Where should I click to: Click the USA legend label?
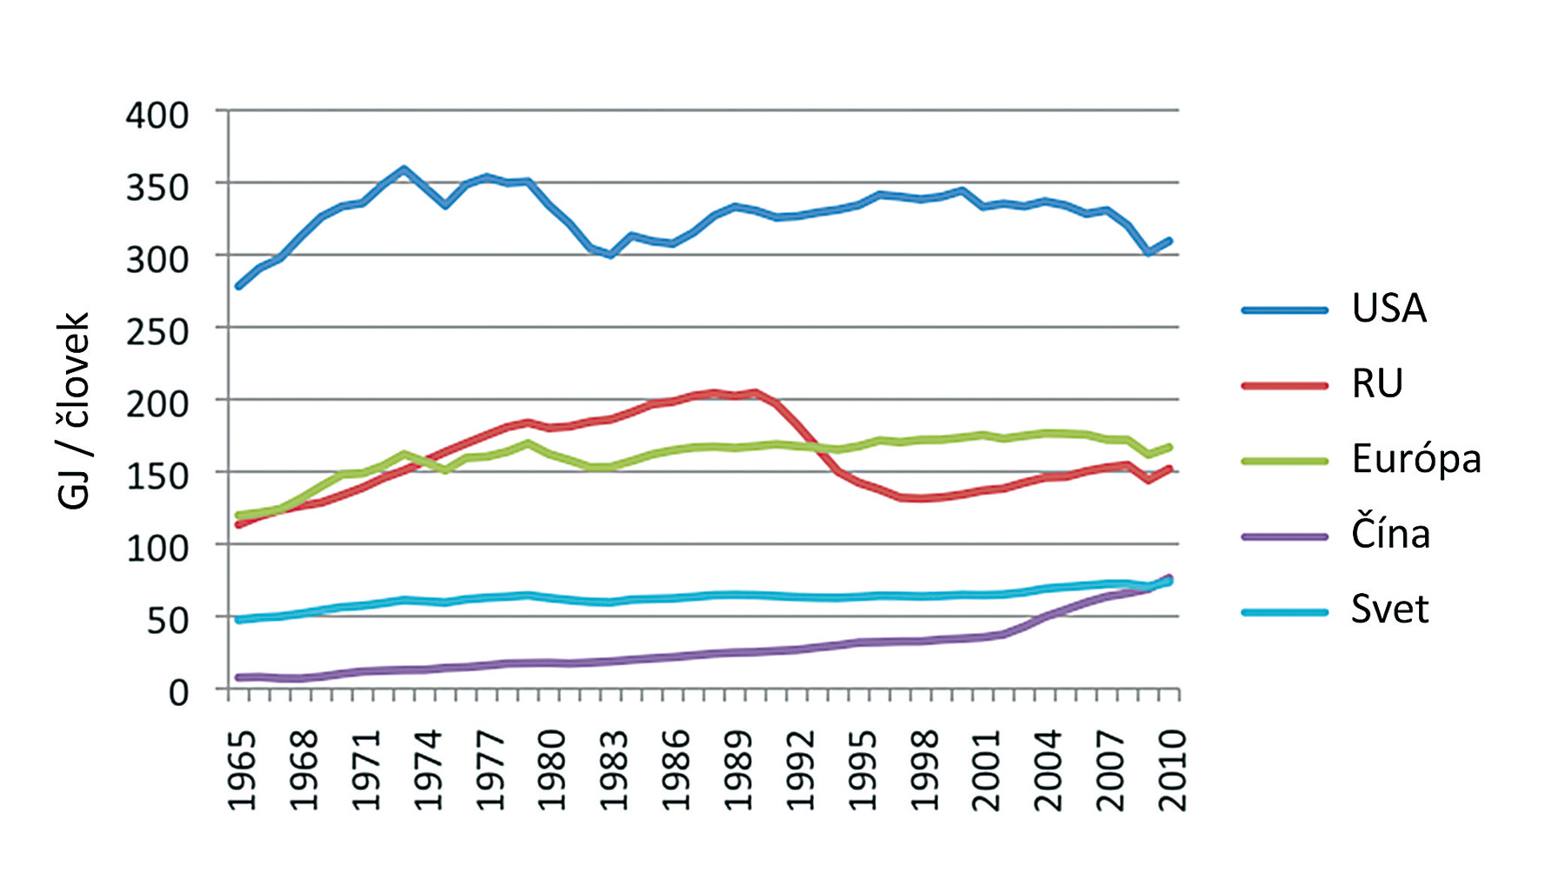1389,309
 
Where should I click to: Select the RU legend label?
1377,383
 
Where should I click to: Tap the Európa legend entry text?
1415,459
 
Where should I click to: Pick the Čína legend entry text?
1390,534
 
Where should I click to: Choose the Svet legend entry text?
1389,609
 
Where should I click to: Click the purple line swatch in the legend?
1285,536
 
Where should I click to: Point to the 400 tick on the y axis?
157,116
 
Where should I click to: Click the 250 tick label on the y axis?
157,332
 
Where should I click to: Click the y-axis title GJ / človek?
73,410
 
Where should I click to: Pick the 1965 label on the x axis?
243,770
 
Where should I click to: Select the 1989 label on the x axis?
738,770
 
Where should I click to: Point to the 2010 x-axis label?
1173,770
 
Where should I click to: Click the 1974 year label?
429,770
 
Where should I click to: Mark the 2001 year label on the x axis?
987,770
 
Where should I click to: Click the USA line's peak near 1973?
404,169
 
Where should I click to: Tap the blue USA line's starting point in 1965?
239,286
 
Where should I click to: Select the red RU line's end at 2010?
1170,469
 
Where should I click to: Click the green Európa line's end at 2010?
1170,447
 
